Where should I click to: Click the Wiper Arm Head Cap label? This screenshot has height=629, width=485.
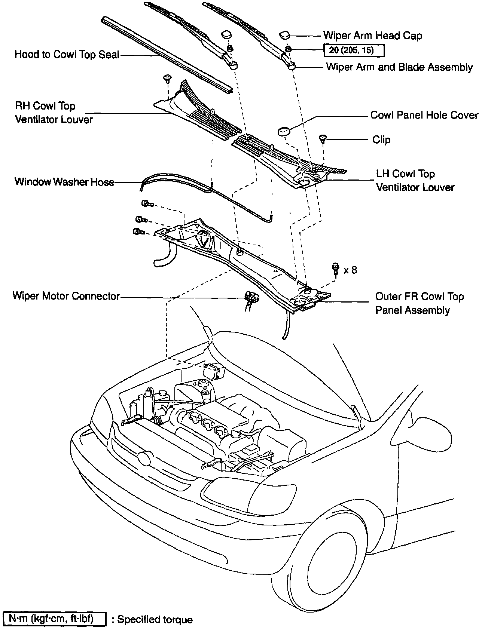click(372, 36)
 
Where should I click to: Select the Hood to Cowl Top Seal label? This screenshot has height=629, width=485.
click(67, 55)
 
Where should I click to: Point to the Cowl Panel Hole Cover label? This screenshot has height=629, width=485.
click(424, 115)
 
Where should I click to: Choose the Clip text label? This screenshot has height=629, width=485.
click(381, 140)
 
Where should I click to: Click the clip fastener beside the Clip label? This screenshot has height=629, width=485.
click(323, 139)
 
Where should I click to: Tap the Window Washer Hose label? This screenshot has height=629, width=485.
click(64, 182)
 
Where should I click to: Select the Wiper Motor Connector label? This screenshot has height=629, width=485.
click(66, 296)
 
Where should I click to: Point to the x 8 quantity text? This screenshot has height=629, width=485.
click(350, 270)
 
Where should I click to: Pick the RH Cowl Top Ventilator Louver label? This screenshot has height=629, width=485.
click(54, 113)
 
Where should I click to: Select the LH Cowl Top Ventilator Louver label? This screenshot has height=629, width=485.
click(415, 181)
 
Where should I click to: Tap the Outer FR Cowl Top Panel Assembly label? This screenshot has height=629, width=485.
click(419, 303)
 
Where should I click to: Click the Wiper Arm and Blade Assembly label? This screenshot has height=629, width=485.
click(399, 67)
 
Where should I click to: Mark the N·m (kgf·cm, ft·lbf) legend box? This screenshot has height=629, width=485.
click(54, 619)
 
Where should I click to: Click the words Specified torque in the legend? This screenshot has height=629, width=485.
click(155, 620)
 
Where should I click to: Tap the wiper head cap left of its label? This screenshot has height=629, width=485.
click(284, 35)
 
